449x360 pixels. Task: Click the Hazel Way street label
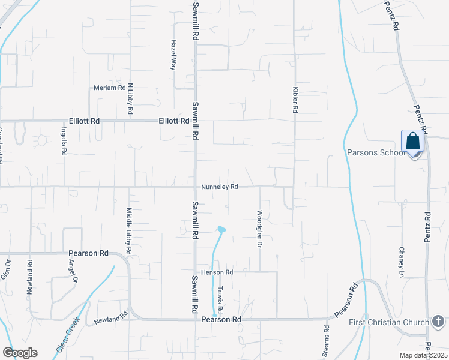point(173,55)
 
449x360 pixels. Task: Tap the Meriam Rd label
point(109,88)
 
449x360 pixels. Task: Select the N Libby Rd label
point(130,100)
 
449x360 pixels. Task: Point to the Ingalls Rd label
point(63,141)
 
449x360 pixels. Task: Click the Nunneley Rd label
point(220,187)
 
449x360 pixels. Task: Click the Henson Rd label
point(217,272)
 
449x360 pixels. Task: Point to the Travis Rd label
point(220,299)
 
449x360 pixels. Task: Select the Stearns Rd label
point(327,338)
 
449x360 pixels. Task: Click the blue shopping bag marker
point(413,142)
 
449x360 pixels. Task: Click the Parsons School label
point(376,152)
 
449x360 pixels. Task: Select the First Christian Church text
point(389,323)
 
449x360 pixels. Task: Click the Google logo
point(20,353)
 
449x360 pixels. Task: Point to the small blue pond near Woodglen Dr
point(221,229)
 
